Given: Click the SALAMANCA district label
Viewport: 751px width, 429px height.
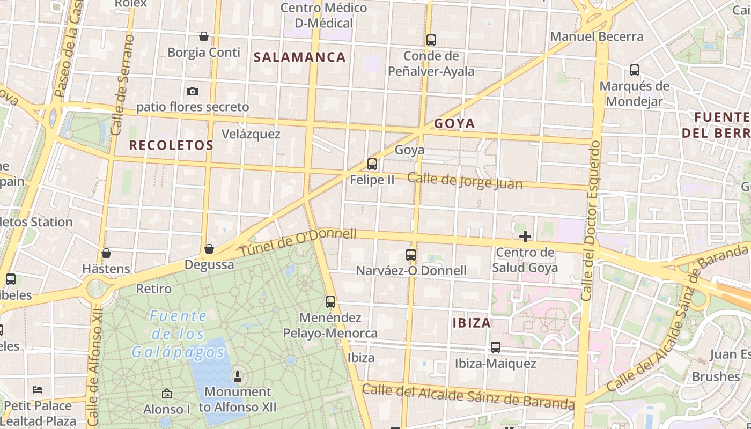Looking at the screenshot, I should [x=299, y=57].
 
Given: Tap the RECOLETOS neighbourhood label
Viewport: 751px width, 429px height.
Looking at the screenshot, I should [x=171, y=145].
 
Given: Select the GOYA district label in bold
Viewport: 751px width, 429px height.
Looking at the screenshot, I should [x=454, y=124].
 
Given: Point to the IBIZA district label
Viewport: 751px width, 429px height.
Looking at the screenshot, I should [x=472, y=323].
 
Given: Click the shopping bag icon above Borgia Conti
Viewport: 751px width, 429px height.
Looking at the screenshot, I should [x=204, y=36].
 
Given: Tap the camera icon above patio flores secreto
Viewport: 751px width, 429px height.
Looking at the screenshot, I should [x=193, y=92].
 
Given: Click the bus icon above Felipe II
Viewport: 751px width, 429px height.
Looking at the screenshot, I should [x=372, y=164].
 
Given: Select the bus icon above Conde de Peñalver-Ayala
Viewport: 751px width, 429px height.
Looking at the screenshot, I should [x=431, y=40].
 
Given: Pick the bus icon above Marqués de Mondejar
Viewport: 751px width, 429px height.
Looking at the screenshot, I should [x=635, y=70].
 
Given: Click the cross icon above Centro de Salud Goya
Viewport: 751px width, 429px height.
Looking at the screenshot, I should [x=525, y=236].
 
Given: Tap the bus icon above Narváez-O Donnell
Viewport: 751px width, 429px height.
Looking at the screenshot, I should [x=411, y=255].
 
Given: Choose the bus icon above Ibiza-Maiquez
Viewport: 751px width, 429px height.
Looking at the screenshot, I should [x=496, y=347].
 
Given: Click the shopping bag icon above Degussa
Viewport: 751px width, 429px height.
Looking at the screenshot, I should [x=209, y=249].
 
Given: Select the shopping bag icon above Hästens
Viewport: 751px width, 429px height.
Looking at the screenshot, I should [x=106, y=253].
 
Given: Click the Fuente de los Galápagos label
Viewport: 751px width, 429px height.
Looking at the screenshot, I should [x=178, y=334].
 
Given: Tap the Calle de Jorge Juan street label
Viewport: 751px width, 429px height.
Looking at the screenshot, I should [x=465, y=181].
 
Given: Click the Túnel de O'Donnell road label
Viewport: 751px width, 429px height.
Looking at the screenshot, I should [x=298, y=242].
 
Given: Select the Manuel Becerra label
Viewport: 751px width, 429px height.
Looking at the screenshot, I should [x=597, y=37].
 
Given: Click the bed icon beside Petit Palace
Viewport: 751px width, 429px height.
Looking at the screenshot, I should [x=38, y=390].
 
